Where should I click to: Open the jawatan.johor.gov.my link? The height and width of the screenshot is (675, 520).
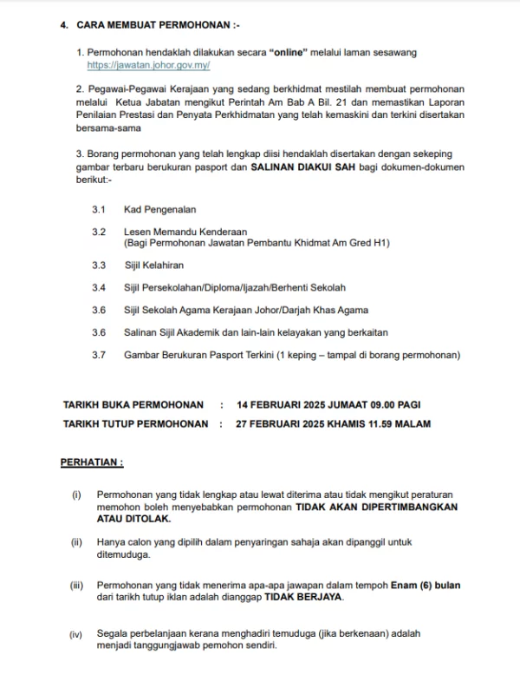148,65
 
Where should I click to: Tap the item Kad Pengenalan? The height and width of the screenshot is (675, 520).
160,210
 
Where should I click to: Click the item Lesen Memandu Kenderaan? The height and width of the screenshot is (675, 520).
185,232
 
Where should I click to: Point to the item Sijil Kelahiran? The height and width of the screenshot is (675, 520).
154,265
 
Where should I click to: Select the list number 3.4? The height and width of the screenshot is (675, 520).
98,287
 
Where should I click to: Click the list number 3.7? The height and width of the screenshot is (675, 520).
98,355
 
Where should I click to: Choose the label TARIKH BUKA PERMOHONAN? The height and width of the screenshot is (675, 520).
133,404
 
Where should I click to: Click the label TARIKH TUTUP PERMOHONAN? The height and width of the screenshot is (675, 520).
136,424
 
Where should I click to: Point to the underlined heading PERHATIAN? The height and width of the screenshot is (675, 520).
91,462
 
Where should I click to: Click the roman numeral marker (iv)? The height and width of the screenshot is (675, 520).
76,635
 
